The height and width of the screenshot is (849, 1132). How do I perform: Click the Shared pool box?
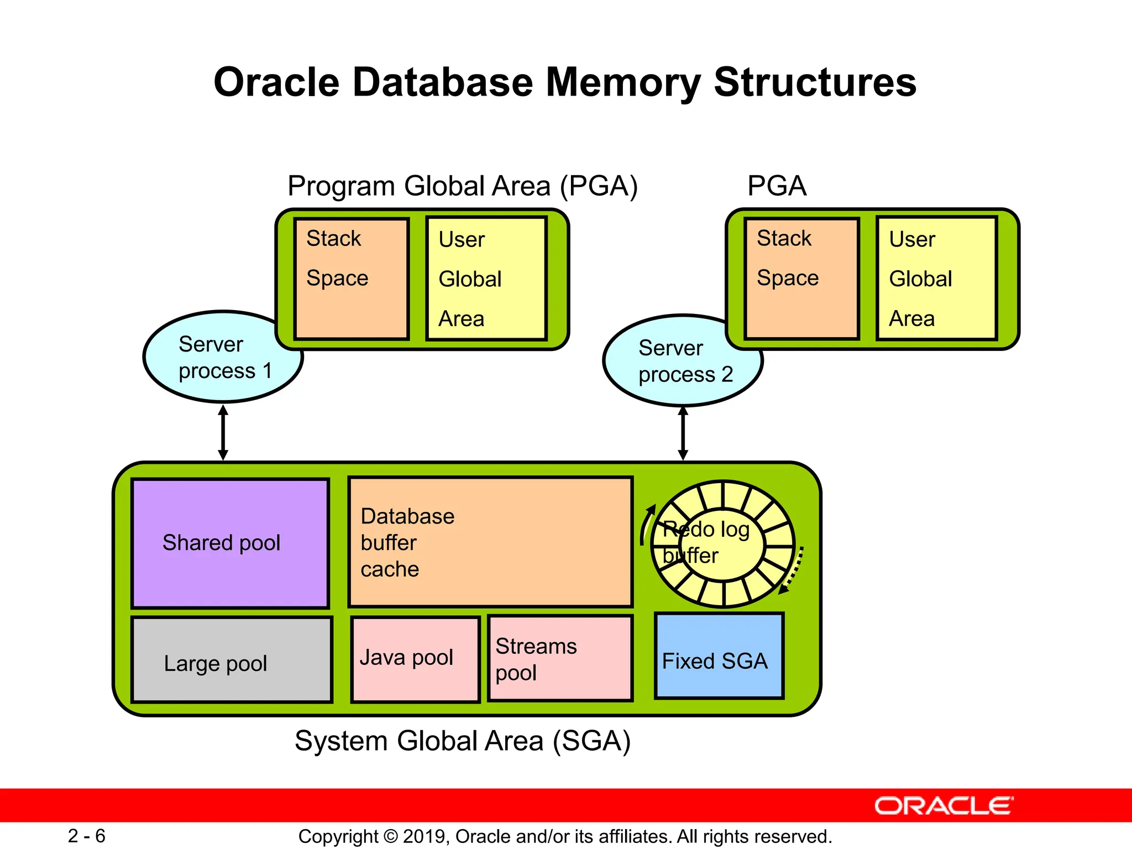point(230,543)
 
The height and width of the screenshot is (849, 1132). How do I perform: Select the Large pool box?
point(232,660)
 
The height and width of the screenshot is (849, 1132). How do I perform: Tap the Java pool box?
point(415,659)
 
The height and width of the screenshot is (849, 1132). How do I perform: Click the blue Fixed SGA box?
point(719,656)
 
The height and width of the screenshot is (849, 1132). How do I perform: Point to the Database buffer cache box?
point(490,542)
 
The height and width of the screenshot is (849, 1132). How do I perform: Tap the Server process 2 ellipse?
point(683,361)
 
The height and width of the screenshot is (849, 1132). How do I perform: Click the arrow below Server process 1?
point(223,433)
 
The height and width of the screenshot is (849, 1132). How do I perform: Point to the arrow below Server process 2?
point(683,434)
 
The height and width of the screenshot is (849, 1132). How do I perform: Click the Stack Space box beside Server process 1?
point(352,279)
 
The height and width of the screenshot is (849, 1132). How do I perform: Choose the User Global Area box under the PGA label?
point(937,279)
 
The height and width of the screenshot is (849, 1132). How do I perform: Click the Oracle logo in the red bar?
point(944,806)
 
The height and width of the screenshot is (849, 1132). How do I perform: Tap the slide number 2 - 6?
point(87,836)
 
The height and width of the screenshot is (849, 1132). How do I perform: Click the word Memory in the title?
point(623,82)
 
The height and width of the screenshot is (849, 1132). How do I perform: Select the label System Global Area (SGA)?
point(463,741)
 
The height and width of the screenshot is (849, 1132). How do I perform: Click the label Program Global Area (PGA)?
point(463,186)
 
